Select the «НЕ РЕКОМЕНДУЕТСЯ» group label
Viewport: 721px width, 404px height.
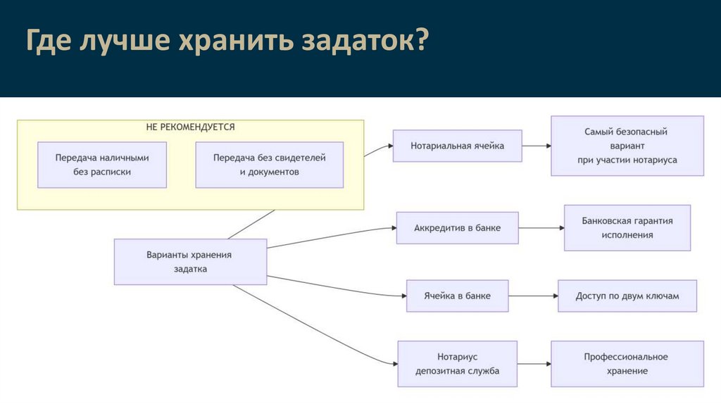190,127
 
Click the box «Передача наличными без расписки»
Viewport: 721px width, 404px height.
102,165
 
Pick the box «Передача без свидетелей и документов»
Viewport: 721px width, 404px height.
269,165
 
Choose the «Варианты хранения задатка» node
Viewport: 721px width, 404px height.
190,262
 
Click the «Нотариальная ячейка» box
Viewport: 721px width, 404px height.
457,146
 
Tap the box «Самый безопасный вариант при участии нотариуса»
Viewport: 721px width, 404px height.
627,146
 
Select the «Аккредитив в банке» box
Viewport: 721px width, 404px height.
457,228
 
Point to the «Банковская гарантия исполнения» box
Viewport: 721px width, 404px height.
627,228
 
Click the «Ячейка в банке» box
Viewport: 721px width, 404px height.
457,296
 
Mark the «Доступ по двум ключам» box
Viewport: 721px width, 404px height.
627,296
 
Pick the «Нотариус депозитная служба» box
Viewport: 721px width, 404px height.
457,364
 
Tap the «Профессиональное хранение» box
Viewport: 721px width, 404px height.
627,364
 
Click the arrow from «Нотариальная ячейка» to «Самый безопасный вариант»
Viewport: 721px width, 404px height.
537,146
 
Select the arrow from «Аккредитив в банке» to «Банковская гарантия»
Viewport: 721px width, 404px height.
541,228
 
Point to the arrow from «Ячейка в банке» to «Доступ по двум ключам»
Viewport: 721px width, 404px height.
533,296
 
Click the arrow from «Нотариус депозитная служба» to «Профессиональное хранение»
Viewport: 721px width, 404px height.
534,364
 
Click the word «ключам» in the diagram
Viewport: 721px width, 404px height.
663,296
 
